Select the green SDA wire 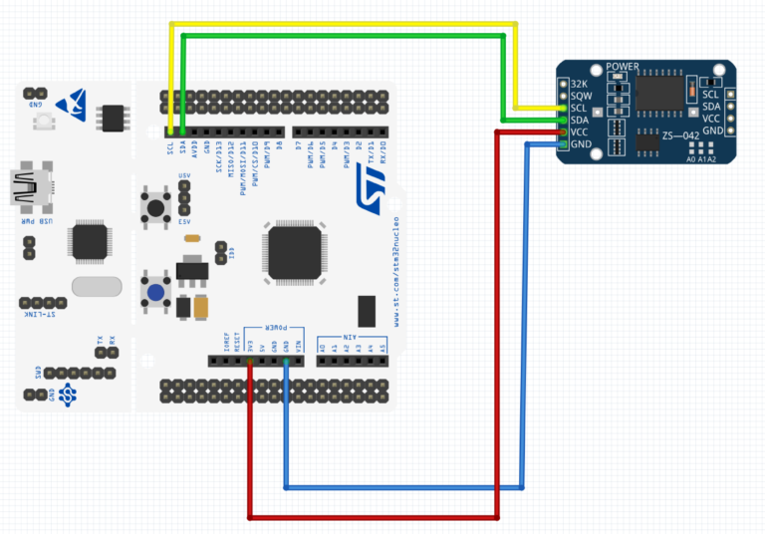pyautogui.click(x=339, y=36)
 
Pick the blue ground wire pyautogui.click(x=398, y=487)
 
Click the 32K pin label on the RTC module pyautogui.click(x=578, y=83)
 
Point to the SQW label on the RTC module pyautogui.click(x=580, y=95)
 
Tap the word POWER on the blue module pyautogui.click(x=623, y=68)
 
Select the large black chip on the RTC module pyautogui.click(x=658, y=92)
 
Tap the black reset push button pyautogui.click(x=156, y=206)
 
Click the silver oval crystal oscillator pyautogui.click(x=97, y=286)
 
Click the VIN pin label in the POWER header pyautogui.click(x=299, y=345)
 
